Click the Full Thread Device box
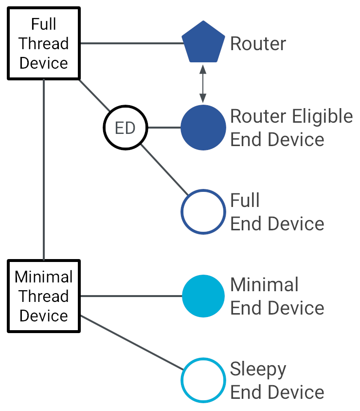[x=44, y=43]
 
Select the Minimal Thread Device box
[x=44, y=296]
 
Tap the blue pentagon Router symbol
[x=203, y=43]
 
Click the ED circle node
[x=125, y=128]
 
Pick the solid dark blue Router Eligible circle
[x=203, y=128]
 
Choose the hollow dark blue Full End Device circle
[x=203, y=212]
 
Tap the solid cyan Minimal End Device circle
[x=203, y=296]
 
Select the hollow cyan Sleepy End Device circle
[x=203, y=380]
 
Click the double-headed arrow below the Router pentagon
[x=203, y=83]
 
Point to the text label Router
[x=258, y=44]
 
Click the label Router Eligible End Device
[x=291, y=128]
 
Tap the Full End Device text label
[x=277, y=212]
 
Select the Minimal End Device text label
[x=277, y=296]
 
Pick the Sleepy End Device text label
[x=277, y=380]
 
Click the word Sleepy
[x=258, y=369]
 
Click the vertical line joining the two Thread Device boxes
[x=44, y=170]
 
